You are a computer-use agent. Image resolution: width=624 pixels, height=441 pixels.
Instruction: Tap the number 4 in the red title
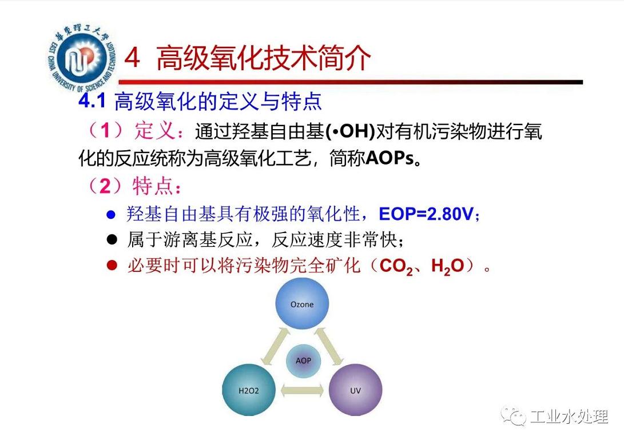132,58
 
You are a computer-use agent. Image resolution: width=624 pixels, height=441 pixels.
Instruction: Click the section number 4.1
92,101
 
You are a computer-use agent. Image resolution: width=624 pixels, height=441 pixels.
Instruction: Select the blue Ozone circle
302,303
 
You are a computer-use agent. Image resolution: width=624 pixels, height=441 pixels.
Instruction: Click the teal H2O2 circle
249,390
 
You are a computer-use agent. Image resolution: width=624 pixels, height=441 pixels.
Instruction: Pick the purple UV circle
355,390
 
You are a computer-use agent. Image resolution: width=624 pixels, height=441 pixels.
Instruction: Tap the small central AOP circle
303,361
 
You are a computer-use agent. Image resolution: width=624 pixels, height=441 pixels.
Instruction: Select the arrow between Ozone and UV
329,346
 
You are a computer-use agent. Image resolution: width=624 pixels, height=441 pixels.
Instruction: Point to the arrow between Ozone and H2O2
275,346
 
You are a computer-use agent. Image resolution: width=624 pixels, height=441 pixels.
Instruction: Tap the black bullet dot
112,239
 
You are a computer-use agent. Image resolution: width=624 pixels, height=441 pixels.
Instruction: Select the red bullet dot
112,265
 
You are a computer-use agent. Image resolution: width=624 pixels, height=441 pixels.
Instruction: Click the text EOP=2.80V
426,214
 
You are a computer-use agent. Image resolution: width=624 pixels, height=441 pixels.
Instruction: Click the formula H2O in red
448,266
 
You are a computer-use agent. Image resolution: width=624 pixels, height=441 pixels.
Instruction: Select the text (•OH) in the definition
350,131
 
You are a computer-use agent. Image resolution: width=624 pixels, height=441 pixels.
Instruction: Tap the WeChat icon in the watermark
514,415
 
